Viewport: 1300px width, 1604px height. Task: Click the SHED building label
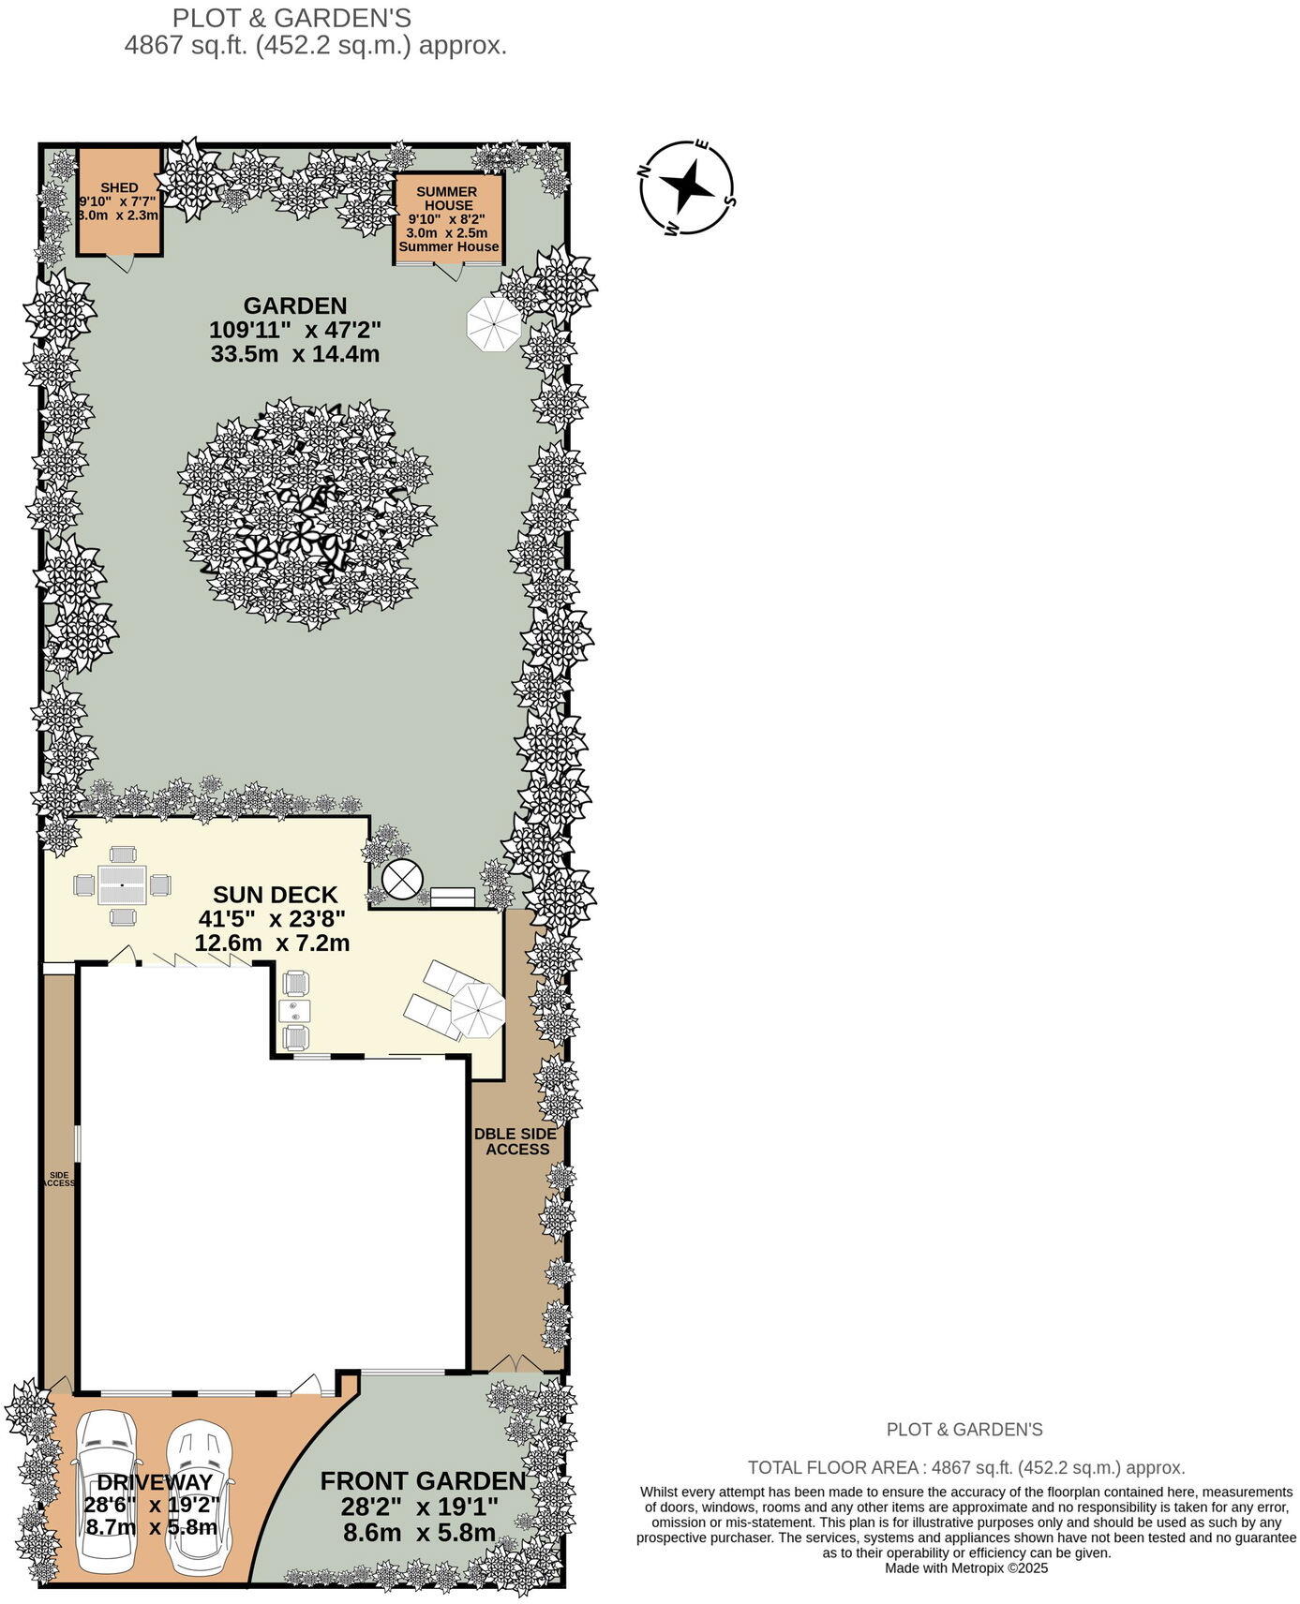click(x=120, y=188)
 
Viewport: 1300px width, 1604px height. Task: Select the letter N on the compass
click(x=645, y=171)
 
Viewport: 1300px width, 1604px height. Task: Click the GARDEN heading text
click(x=295, y=305)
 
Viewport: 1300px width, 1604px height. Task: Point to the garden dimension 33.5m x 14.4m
click(x=295, y=354)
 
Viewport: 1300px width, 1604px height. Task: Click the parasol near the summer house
click(x=493, y=323)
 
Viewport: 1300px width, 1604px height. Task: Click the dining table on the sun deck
click(x=123, y=884)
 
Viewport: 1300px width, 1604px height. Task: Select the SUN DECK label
click(x=275, y=894)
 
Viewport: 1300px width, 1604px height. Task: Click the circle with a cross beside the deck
click(x=402, y=879)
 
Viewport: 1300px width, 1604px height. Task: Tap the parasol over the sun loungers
click(x=478, y=1010)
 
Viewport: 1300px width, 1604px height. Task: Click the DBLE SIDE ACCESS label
click(x=516, y=1141)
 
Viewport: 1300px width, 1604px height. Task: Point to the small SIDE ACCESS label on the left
click(x=59, y=1179)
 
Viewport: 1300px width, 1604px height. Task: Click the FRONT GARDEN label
click(x=423, y=1481)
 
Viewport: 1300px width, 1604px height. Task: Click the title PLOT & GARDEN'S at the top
click(x=291, y=18)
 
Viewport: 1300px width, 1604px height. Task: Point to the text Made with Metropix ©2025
click(x=965, y=1567)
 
